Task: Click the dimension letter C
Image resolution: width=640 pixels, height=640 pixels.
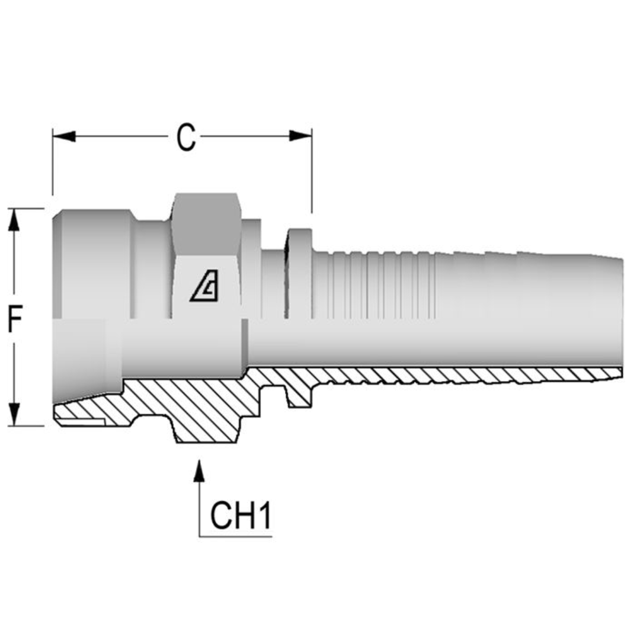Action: pos(185,137)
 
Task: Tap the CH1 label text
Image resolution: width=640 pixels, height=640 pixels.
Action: pos(241,516)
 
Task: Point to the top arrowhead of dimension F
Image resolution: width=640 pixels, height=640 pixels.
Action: pos(15,220)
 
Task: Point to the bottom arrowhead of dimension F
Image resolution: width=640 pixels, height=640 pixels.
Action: pos(15,414)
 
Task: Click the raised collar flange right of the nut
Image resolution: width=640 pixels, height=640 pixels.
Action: pos(299,273)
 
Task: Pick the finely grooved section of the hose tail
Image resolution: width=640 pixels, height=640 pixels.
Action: pos(373,284)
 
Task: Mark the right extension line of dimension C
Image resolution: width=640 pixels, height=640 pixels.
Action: pos(312,178)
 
